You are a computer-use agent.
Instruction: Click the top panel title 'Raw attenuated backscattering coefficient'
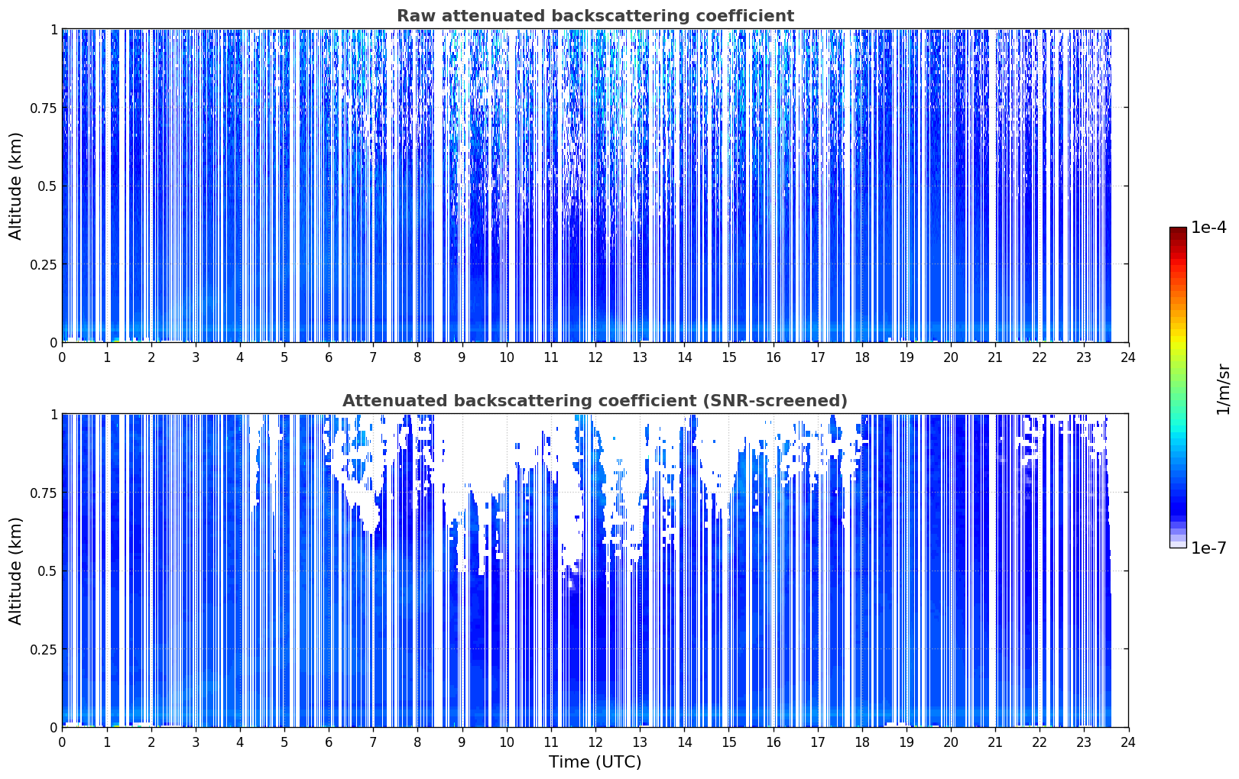[595, 15]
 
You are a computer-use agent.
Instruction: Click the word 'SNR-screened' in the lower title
[774, 400]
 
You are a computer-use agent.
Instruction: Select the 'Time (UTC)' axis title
[595, 762]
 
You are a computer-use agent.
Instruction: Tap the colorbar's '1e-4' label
[1208, 227]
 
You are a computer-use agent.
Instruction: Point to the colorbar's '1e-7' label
[1208, 548]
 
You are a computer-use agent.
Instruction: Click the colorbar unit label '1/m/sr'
[1223, 389]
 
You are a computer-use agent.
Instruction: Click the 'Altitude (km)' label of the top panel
[15, 186]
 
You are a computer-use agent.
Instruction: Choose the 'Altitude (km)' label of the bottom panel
[15, 571]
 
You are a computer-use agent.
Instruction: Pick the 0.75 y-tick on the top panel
[43, 108]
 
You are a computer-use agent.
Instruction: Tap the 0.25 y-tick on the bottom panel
[43, 649]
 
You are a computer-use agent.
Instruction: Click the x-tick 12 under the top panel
[595, 357]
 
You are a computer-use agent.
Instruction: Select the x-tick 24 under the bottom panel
[1128, 742]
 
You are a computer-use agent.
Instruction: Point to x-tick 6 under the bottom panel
[329, 742]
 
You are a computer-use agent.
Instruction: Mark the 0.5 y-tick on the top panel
[47, 186]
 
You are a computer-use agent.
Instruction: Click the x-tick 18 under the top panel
[861, 357]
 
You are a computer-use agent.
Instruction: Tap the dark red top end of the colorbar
[1178, 229]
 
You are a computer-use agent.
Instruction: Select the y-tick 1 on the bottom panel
[54, 415]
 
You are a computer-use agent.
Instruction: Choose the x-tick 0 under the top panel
[62, 357]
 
